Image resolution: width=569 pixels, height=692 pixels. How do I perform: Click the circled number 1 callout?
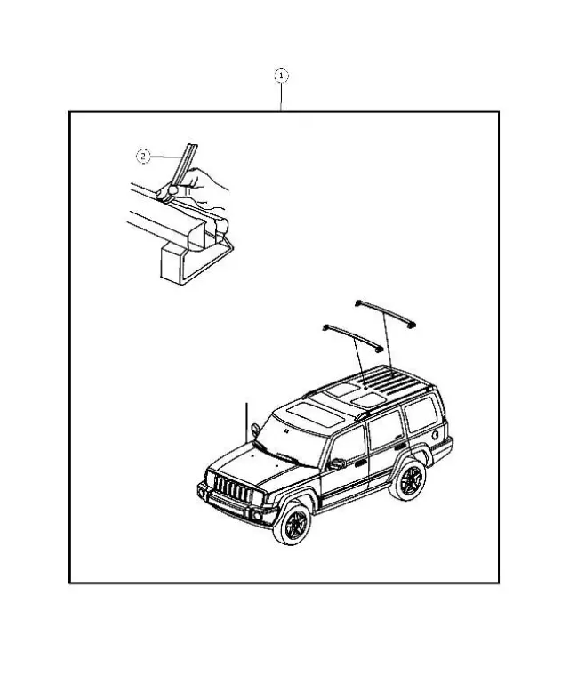(281, 76)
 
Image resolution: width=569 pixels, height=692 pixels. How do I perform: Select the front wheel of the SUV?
(292, 525)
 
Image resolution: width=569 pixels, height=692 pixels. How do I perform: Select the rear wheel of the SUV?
(410, 481)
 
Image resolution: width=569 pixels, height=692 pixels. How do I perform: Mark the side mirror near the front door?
(336, 463)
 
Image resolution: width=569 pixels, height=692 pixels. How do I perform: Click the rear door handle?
(402, 440)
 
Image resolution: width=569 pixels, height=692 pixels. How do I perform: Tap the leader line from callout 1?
(281, 97)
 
